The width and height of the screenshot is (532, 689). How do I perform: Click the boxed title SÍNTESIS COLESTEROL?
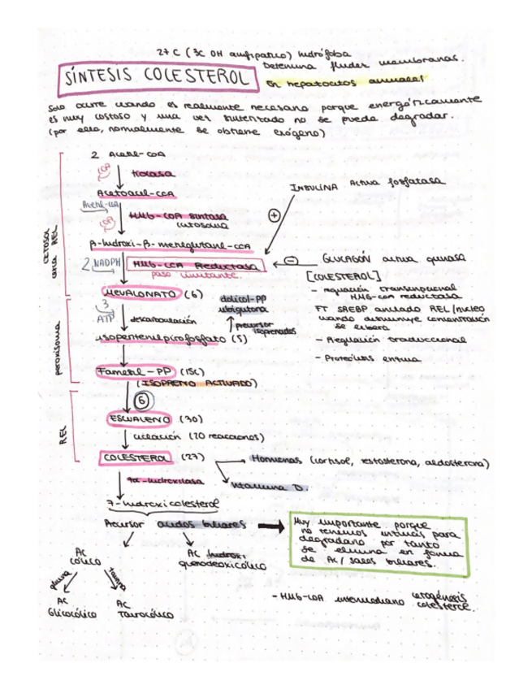(154, 79)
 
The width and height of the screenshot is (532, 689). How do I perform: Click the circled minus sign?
(290, 260)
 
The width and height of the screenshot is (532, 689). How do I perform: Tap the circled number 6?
(141, 400)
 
